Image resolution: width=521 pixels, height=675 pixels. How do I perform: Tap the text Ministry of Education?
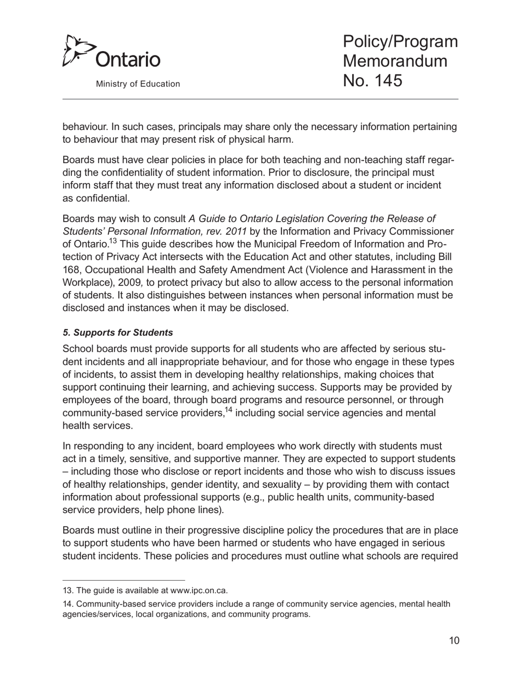[138, 84]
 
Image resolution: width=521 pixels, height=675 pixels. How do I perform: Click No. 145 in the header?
[372, 81]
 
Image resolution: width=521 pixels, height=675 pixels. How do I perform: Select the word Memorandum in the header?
[395, 61]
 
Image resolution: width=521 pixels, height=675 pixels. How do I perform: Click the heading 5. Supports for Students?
[118, 333]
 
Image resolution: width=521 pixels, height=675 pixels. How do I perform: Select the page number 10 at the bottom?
[454, 640]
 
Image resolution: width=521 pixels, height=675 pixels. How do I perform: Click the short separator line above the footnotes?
[124, 580]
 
